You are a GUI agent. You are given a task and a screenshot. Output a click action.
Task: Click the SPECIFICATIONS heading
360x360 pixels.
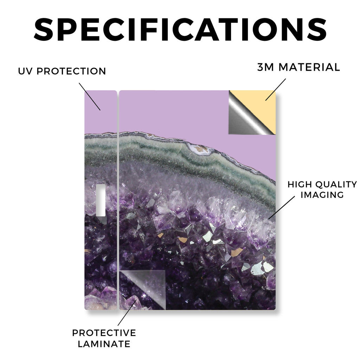point(180,30)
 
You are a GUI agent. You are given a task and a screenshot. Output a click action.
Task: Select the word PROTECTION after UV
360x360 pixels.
point(71,71)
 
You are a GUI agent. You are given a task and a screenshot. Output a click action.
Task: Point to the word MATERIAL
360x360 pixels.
point(309,67)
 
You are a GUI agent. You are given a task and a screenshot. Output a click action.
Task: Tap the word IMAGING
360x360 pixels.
point(322,195)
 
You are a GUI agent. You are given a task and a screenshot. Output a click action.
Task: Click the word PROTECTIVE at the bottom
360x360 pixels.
point(104,333)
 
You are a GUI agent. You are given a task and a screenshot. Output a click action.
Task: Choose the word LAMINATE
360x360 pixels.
point(104,344)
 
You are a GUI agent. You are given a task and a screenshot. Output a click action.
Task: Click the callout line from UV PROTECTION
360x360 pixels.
point(90,97)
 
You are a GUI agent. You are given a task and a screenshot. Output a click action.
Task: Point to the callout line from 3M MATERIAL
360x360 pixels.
point(276,90)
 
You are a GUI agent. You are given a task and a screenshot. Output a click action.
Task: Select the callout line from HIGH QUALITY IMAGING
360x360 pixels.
point(282,207)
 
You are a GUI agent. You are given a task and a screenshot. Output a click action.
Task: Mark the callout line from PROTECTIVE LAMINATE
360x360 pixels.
point(127,313)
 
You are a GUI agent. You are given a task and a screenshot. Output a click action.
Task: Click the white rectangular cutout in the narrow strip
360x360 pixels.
point(101,200)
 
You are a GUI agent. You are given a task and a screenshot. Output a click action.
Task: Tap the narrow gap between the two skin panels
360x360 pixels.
point(118,200)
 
